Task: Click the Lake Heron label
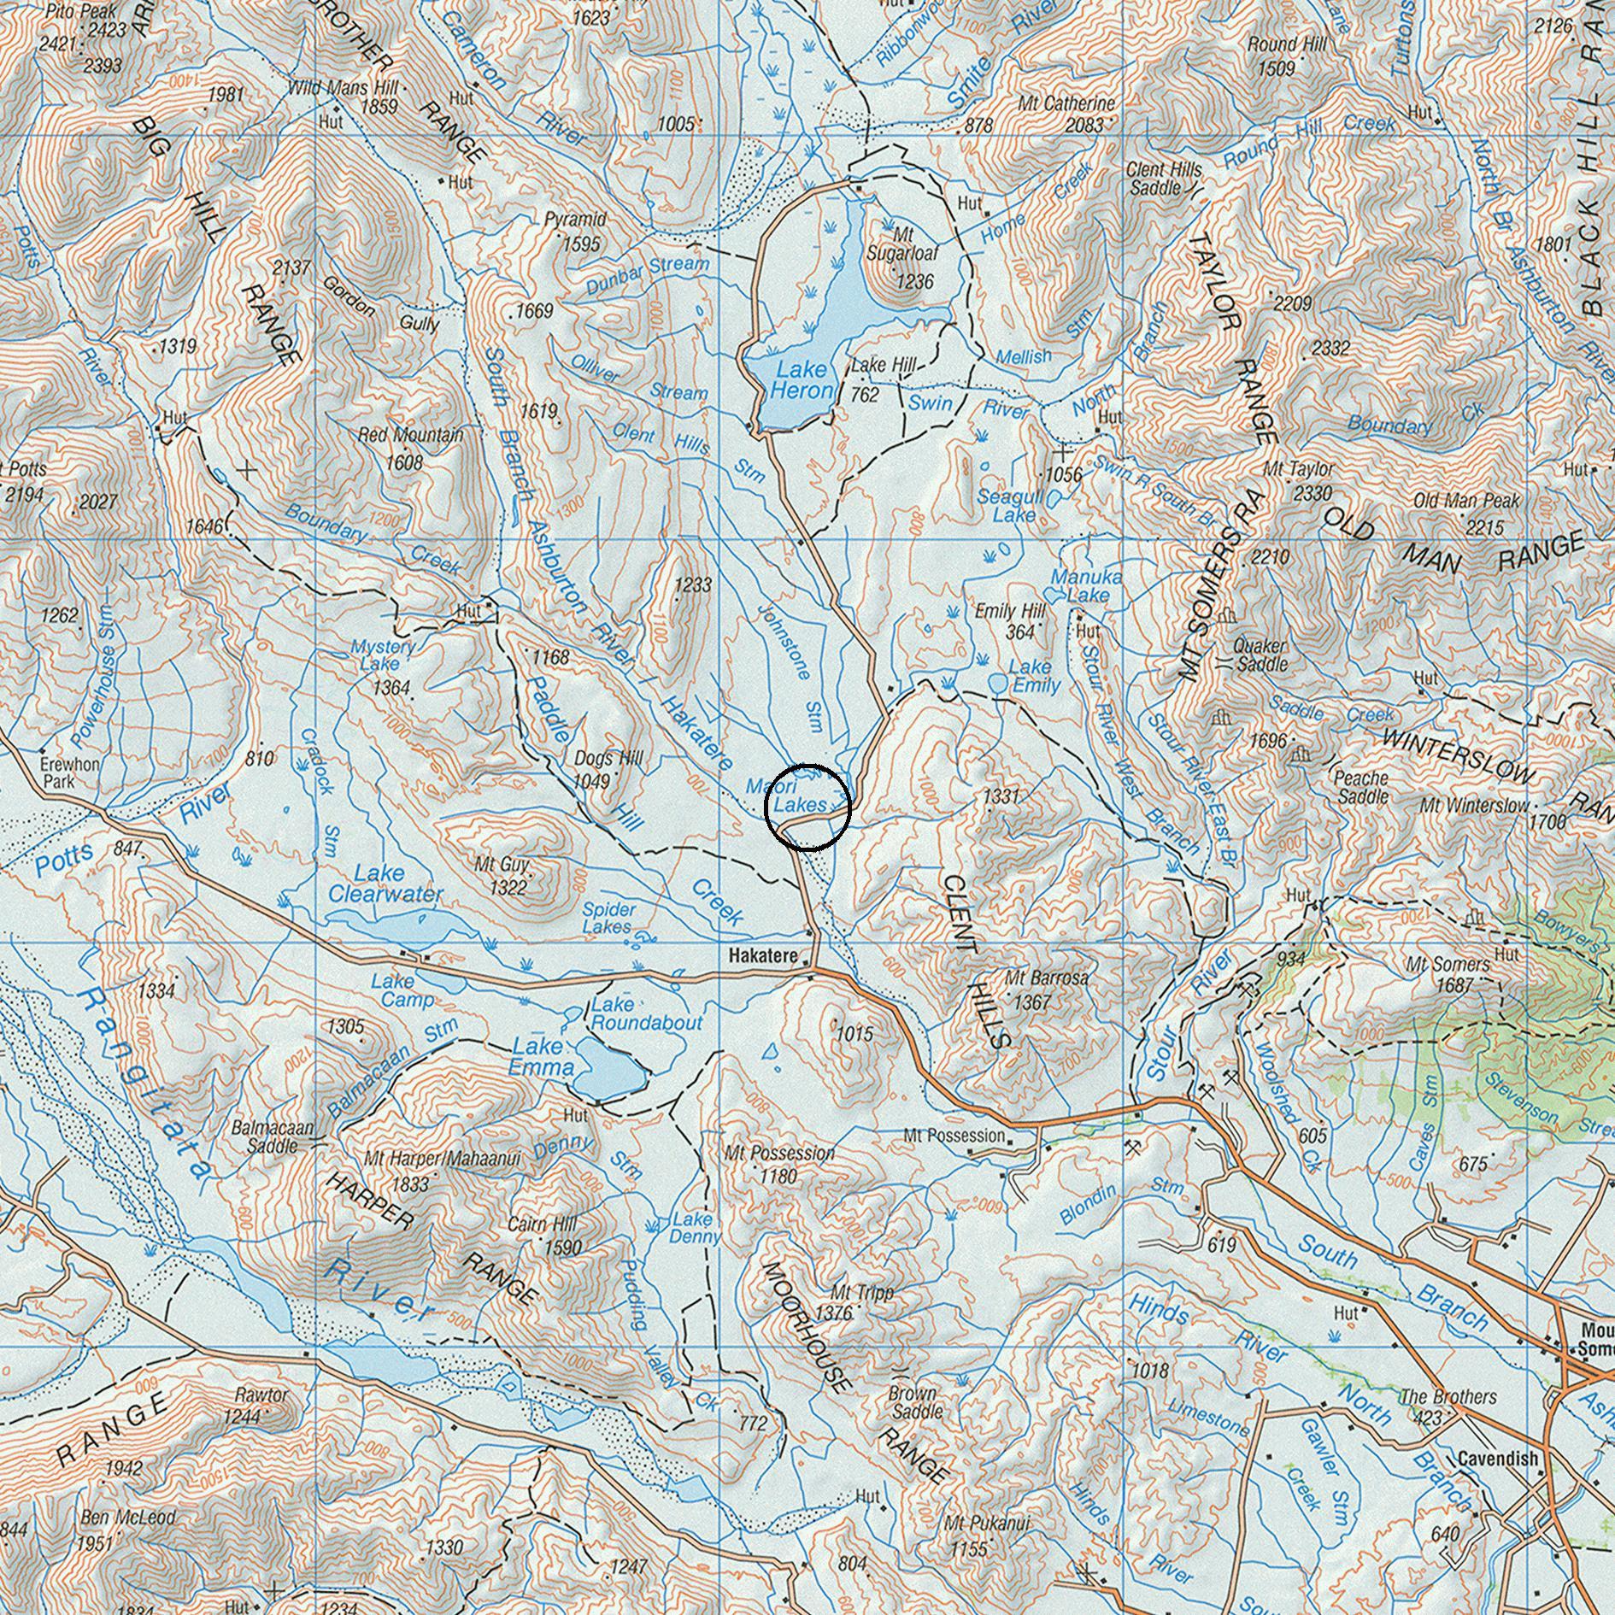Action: pos(801,380)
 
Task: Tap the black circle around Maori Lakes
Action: pos(807,807)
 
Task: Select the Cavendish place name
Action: pos(1498,1459)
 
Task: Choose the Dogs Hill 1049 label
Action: pos(608,769)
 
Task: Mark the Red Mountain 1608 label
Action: pos(410,448)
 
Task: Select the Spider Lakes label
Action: pos(608,918)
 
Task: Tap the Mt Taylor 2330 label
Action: pos(1299,481)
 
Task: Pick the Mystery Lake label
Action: pos(383,655)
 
